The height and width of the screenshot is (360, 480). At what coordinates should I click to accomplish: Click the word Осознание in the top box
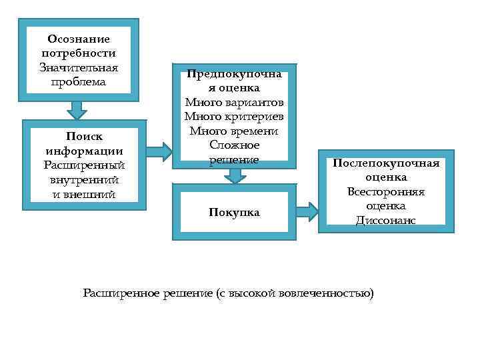click(x=79, y=39)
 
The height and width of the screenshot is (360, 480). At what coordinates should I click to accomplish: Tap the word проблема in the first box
click(x=79, y=82)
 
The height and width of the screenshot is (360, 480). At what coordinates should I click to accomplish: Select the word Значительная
click(x=79, y=68)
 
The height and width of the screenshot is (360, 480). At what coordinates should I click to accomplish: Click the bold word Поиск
click(x=84, y=137)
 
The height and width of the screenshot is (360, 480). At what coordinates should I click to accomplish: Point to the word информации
click(x=84, y=151)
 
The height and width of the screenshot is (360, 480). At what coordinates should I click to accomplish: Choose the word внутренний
click(x=84, y=180)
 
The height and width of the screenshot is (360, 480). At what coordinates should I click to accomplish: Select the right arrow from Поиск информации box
click(x=159, y=151)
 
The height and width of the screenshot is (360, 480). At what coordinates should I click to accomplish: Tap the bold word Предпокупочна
click(x=234, y=74)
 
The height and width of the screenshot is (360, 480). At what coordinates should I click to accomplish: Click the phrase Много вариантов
click(x=234, y=103)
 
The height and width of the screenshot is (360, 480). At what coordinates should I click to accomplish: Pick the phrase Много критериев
click(x=234, y=117)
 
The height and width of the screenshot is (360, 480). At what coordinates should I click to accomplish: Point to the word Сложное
click(x=234, y=145)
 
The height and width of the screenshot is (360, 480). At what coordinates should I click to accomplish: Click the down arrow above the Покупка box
click(x=234, y=175)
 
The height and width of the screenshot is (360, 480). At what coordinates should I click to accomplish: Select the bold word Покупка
click(x=234, y=213)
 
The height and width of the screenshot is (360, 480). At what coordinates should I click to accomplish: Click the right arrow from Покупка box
click(x=307, y=212)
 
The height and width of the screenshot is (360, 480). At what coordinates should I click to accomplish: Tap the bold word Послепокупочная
click(x=386, y=164)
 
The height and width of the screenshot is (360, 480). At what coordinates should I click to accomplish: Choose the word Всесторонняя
click(x=386, y=192)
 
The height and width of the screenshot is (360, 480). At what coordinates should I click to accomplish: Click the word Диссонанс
click(x=386, y=221)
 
